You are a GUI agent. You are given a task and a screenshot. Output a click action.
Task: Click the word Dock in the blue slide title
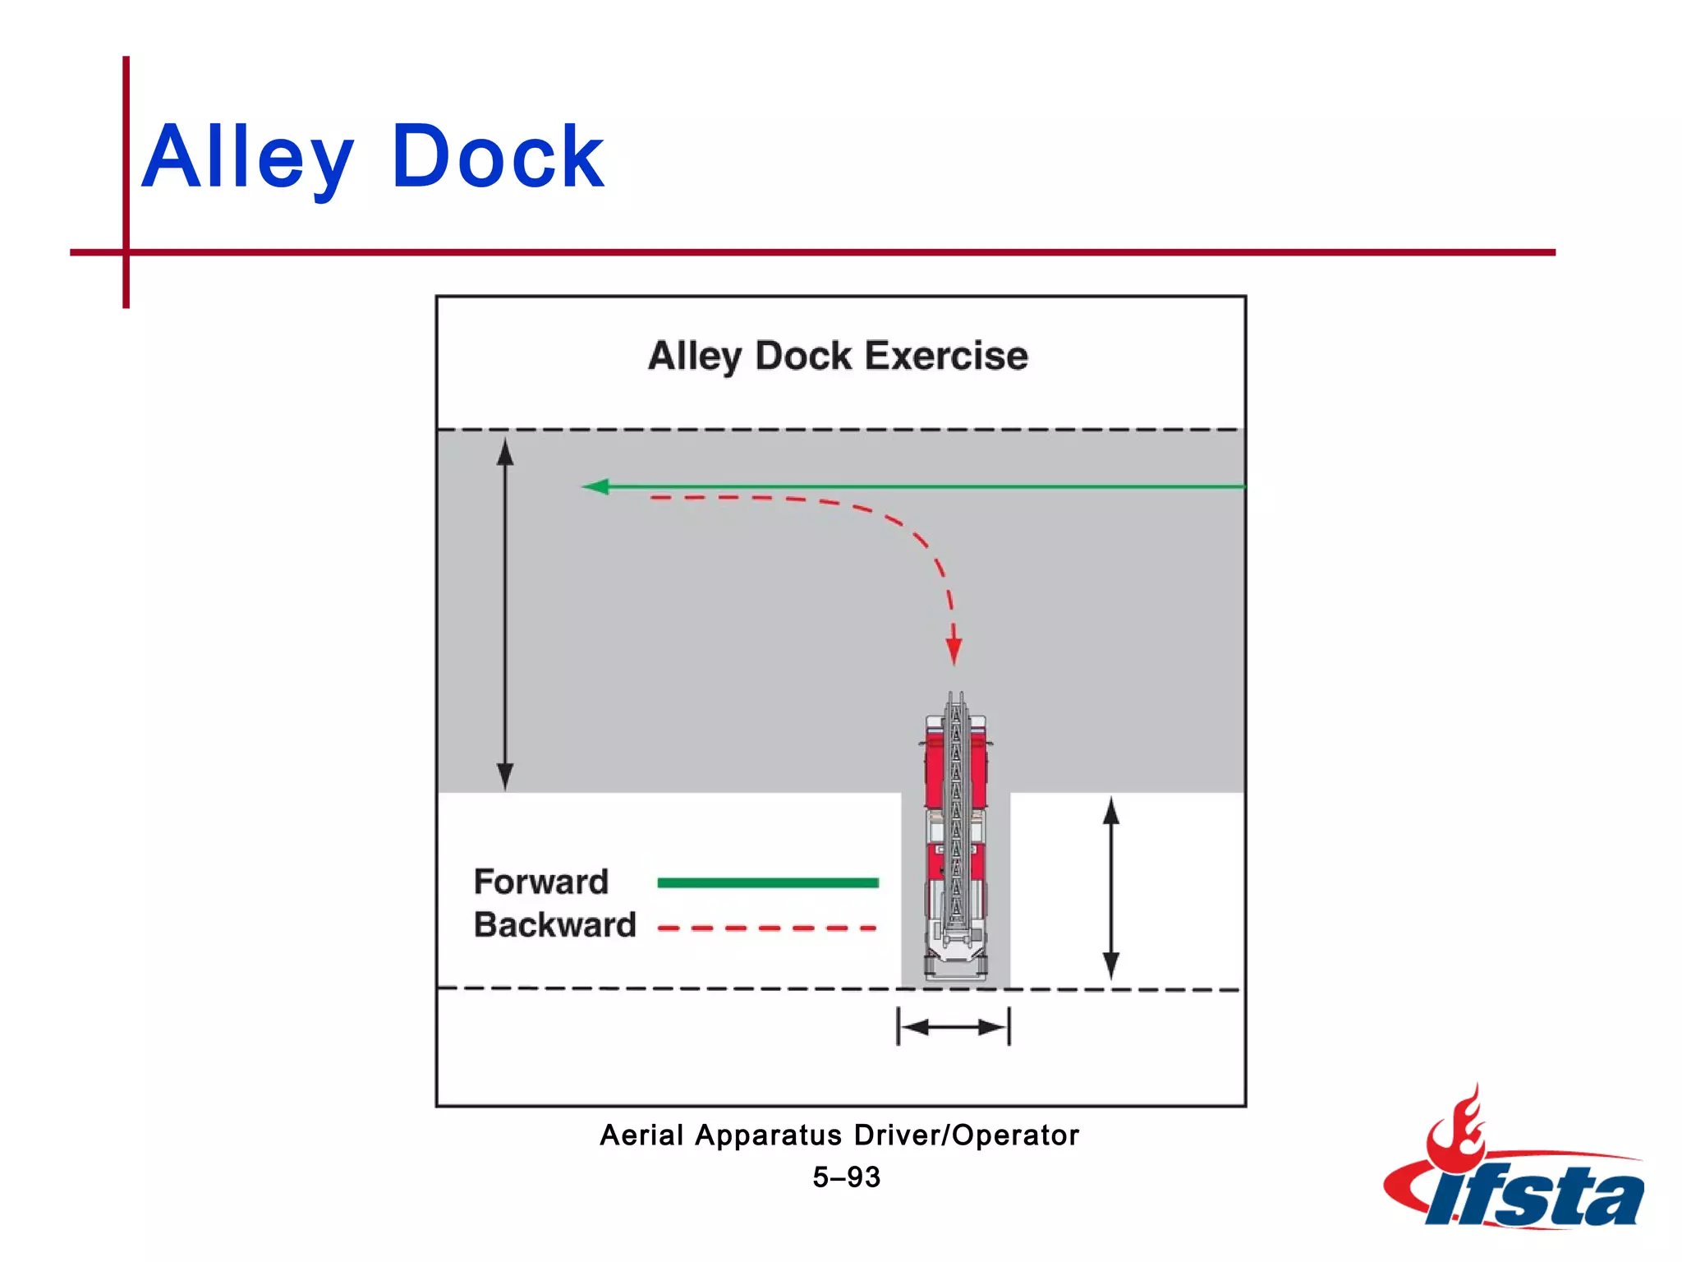(x=498, y=156)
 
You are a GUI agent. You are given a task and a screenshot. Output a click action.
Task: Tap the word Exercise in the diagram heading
(x=946, y=356)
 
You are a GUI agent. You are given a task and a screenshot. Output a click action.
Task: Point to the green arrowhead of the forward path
(x=595, y=486)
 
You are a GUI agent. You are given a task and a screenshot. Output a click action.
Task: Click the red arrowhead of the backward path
(x=954, y=651)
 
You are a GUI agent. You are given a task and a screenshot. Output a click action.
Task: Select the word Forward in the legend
(x=541, y=882)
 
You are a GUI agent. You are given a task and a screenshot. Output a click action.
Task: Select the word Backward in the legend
(x=555, y=925)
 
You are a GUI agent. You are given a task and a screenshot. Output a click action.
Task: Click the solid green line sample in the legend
(x=768, y=883)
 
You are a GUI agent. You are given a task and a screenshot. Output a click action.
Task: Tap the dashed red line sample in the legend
(x=768, y=928)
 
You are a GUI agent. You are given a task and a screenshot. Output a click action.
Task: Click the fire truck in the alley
(x=955, y=838)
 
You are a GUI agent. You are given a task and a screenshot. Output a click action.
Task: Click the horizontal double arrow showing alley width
(x=954, y=1027)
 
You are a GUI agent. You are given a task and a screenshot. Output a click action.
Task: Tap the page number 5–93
(x=846, y=1177)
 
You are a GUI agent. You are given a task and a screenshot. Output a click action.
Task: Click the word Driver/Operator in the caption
(x=966, y=1135)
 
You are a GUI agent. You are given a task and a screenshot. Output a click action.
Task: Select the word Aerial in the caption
(x=641, y=1135)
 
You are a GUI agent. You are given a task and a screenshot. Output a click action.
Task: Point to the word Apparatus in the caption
(x=769, y=1135)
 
